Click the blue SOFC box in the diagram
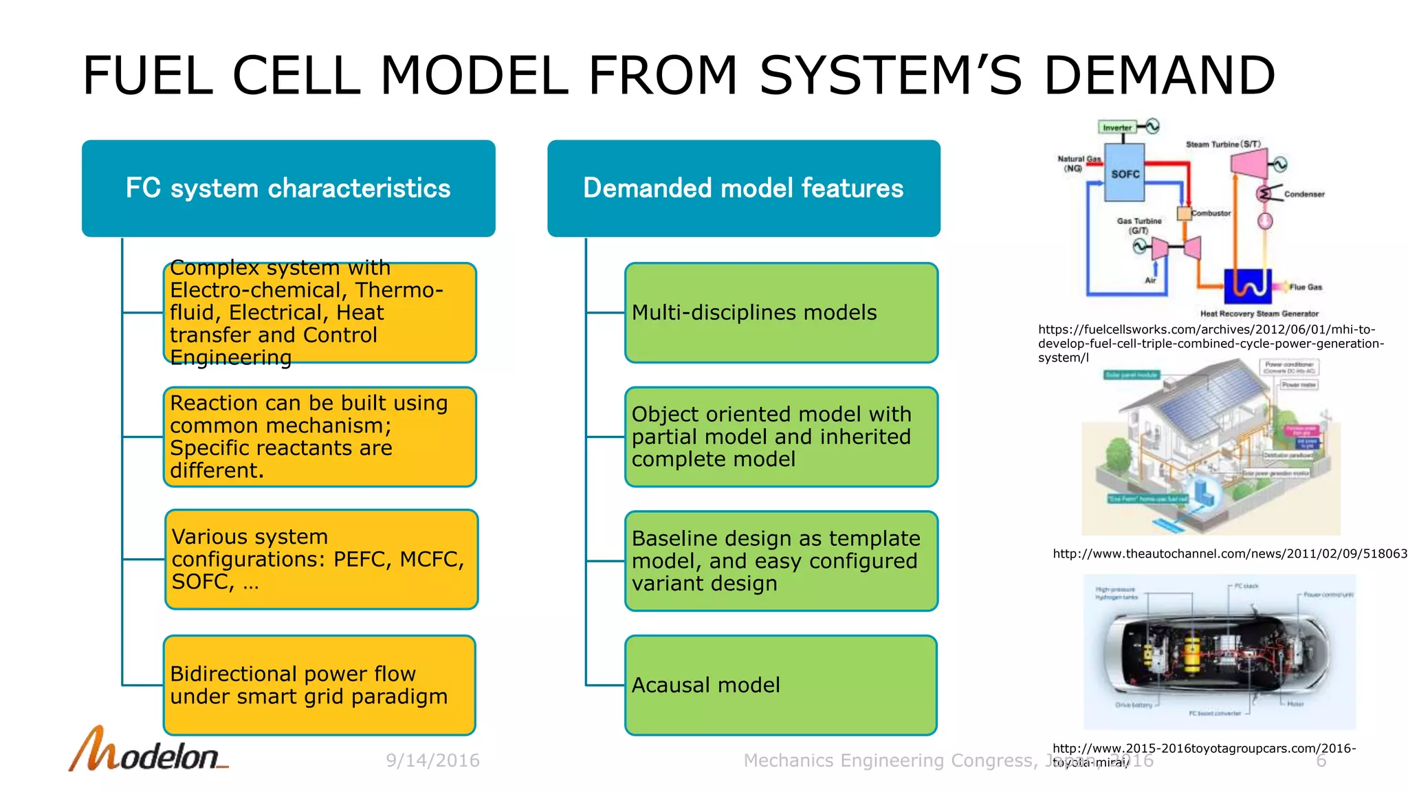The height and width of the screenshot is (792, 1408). (x=1124, y=173)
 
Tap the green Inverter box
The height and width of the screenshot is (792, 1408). (x=1116, y=127)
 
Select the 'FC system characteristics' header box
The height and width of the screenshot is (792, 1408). (x=288, y=188)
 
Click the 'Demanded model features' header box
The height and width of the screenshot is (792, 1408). (x=743, y=188)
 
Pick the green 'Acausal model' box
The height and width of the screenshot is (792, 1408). (x=780, y=685)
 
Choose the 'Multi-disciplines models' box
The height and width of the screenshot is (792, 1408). (x=780, y=313)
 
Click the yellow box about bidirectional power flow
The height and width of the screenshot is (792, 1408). (x=319, y=685)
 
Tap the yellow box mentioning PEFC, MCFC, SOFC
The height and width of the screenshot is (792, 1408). (x=321, y=559)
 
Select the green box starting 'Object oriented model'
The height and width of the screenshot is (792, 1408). (x=780, y=437)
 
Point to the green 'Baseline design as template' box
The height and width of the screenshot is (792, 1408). (x=780, y=561)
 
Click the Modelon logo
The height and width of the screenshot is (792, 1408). (x=148, y=751)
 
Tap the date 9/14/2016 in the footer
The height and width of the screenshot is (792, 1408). (x=432, y=760)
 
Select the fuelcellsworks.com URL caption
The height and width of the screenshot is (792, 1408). (x=1210, y=343)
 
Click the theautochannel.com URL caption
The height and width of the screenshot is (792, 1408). (x=1229, y=553)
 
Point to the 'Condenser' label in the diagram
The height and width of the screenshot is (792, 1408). (x=1303, y=195)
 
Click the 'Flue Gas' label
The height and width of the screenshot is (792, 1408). (x=1305, y=287)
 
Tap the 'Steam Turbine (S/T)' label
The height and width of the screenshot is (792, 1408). (x=1223, y=144)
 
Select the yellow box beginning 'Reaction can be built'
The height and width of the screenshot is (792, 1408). (x=319, y=437)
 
